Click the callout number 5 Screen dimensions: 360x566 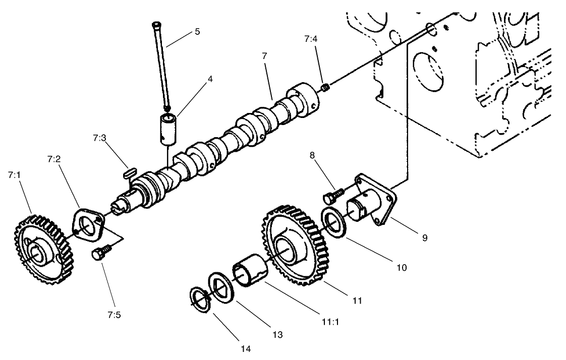pos(197,31)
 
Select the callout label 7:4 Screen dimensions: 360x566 pos(311,38)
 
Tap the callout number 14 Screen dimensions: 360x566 pos(246,348)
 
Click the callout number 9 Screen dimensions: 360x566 pos(424,237)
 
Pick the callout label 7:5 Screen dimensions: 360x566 pos(114,316)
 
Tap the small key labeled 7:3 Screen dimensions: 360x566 pos(130,172)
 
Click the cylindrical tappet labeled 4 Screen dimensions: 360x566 pos(169,126)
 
